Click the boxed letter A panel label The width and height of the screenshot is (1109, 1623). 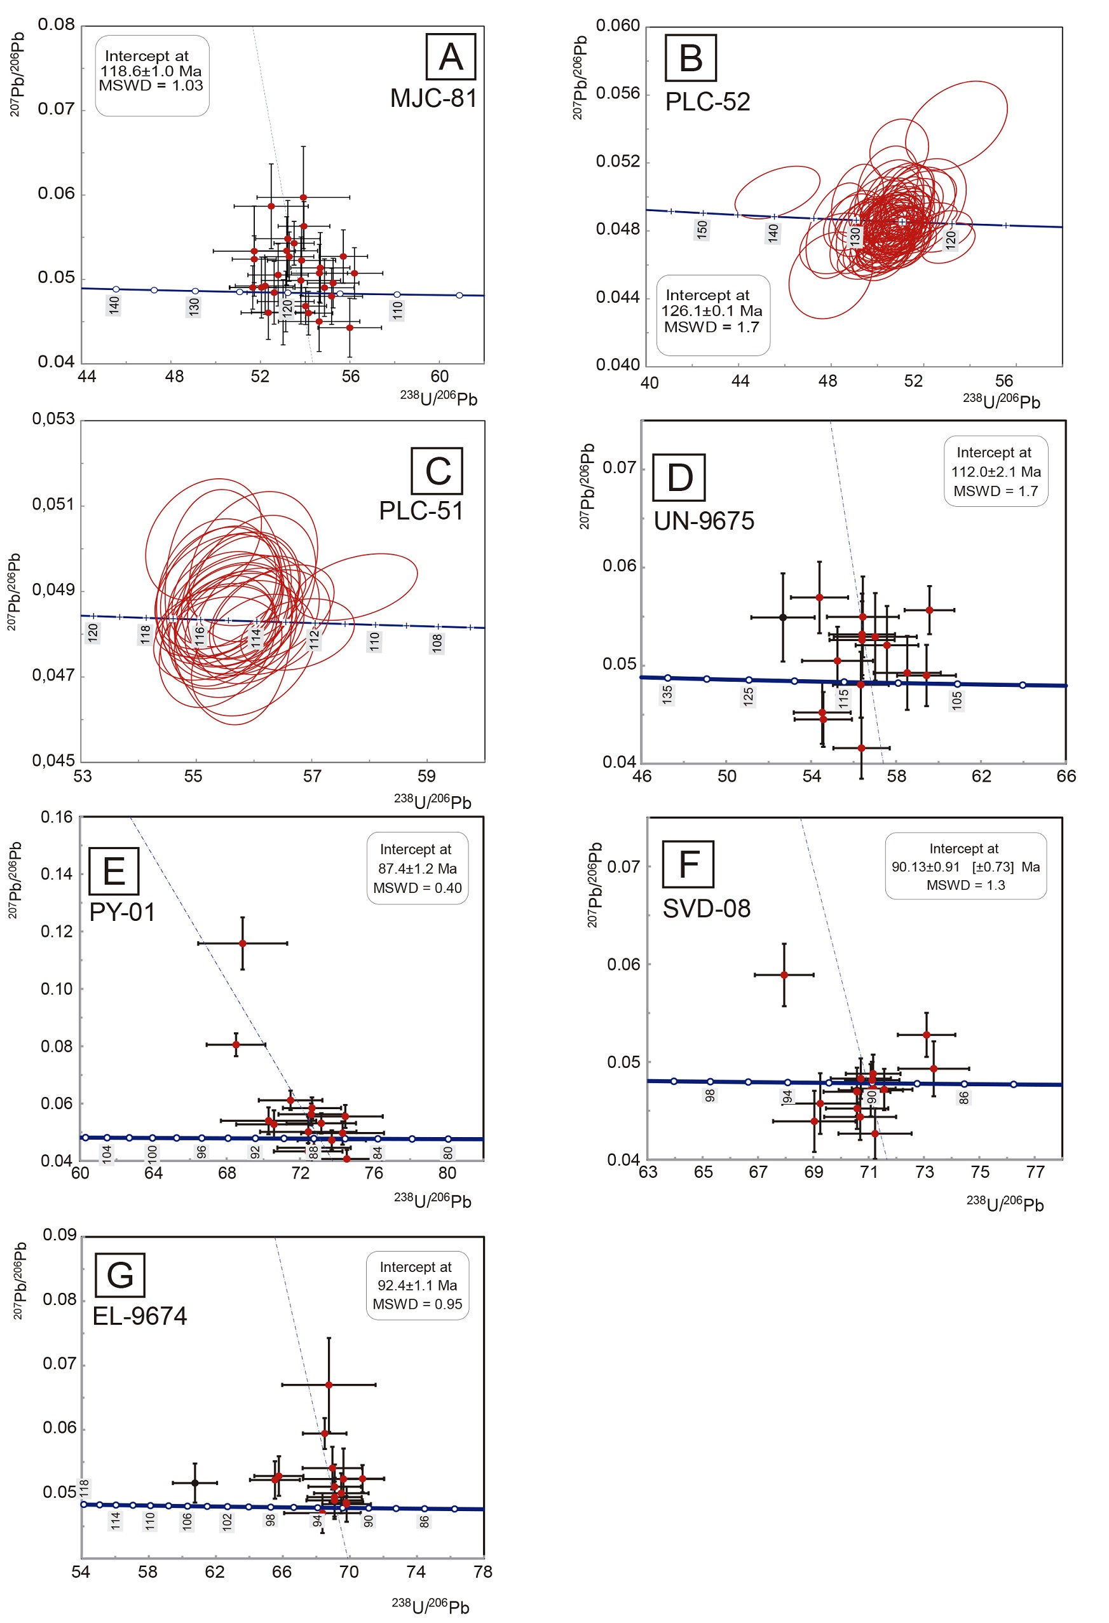451,57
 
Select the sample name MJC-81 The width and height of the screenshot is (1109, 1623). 433,99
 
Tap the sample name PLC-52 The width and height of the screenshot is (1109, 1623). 707,102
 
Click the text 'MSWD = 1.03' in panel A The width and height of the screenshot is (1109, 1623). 151,86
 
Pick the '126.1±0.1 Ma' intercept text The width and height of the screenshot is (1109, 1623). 712,311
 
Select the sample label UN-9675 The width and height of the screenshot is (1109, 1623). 704,521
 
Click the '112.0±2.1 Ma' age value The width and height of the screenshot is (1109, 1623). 995,471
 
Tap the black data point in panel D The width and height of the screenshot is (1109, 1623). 783,618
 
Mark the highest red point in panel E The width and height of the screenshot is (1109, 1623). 243,944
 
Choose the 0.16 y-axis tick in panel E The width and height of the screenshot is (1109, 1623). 57,817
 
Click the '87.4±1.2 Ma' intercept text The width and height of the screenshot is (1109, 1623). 418,869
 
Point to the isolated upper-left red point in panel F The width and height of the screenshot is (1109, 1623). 784,975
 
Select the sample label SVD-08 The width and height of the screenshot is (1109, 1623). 706,909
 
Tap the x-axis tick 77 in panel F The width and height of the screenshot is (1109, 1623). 1035,1173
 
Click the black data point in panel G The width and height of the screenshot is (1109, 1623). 194,1482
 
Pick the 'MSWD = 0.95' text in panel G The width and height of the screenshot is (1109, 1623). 418,1304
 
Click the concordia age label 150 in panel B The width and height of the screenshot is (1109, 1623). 702,229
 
